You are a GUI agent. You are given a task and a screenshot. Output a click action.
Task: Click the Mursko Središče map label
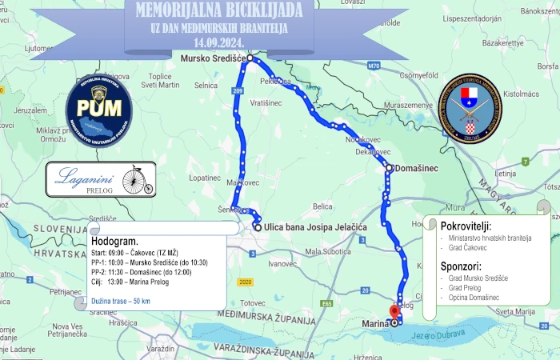(213, 58)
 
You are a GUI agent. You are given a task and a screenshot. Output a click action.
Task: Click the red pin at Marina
(394, 313)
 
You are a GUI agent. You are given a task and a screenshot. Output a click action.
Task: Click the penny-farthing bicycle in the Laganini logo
(138, 180)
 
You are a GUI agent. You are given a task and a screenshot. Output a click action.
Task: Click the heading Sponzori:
(462, 266)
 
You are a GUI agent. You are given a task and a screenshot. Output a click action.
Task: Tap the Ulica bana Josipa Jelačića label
(315, 227)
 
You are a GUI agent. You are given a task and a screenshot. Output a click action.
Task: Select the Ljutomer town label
(38, 48)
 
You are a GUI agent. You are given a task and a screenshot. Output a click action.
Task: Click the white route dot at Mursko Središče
(250, 58)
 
